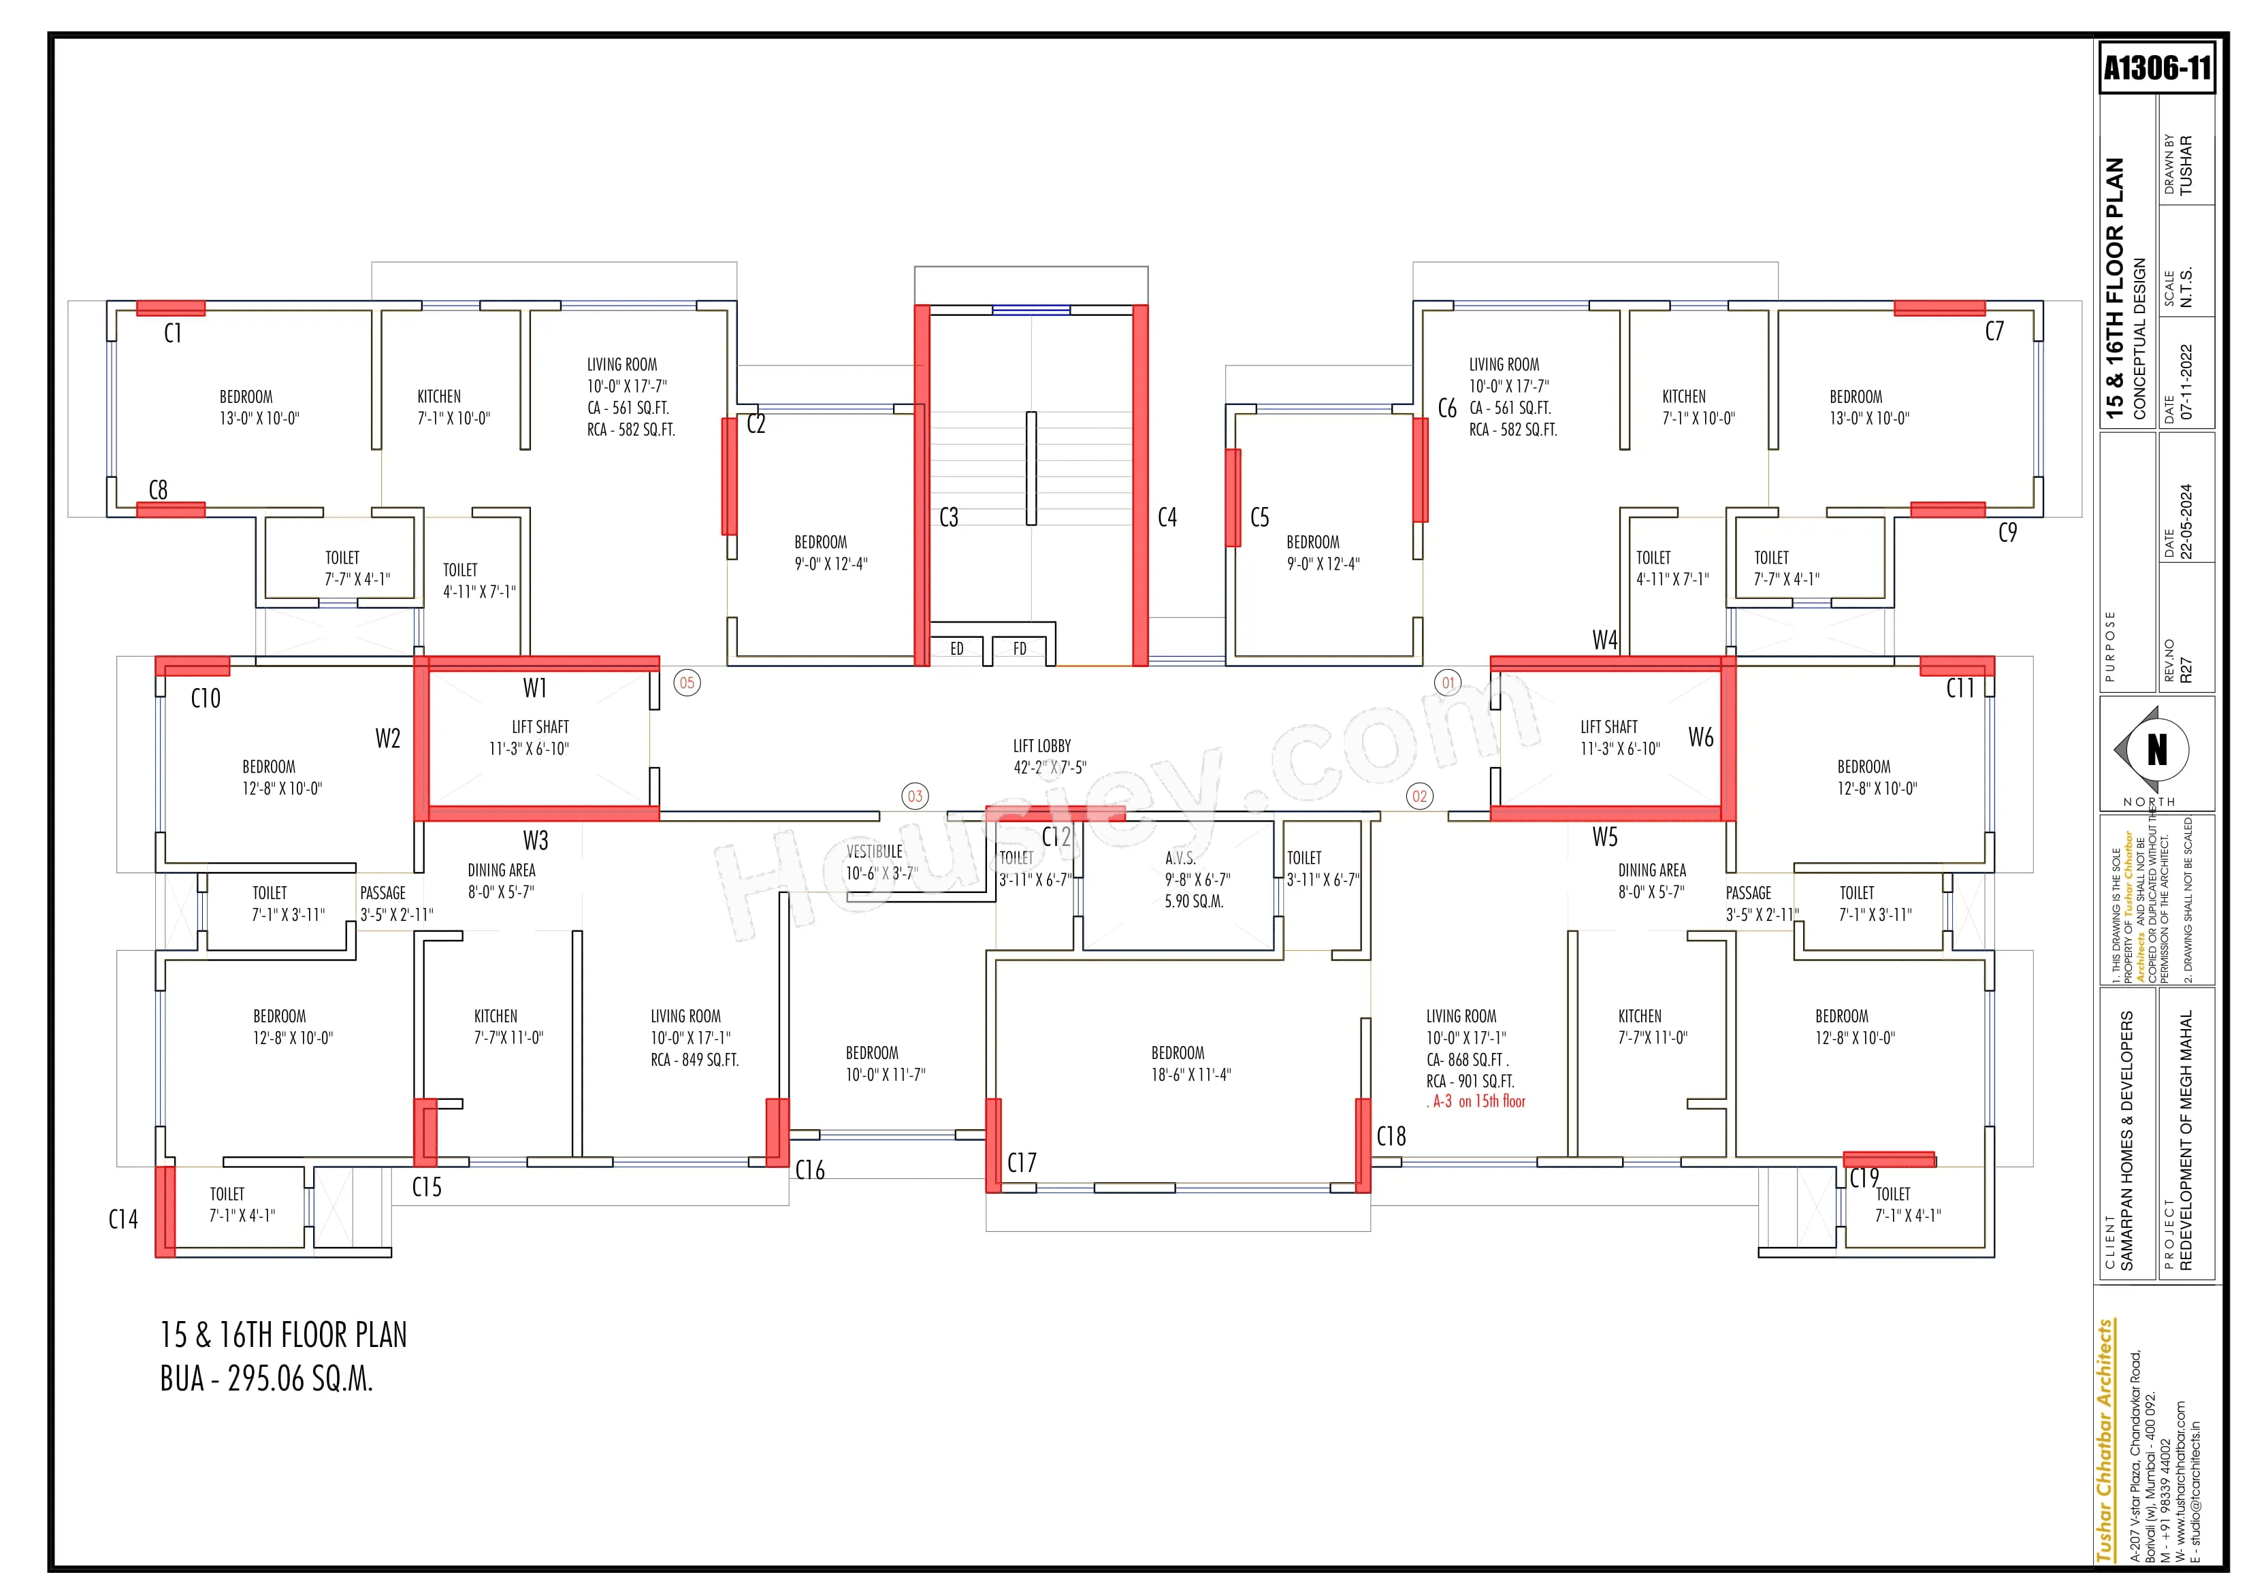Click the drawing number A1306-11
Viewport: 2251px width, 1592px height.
2157,67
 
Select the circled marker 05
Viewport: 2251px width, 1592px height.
687,683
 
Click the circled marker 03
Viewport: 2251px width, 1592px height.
915,796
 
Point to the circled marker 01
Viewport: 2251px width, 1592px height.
1448,683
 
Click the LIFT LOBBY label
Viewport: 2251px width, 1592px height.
1042,746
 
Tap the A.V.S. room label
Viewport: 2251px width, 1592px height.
1180,858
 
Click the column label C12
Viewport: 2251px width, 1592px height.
1056,837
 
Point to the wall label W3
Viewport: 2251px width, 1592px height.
535,840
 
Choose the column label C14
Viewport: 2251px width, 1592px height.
123,1220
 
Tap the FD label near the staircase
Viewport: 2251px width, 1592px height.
1020,649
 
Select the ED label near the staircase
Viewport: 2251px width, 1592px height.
957,649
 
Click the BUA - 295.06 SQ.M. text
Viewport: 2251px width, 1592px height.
267,1379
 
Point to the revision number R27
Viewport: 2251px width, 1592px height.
2185,670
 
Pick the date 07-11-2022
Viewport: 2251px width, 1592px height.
2185,383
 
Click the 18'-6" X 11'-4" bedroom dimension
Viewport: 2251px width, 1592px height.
1191,1075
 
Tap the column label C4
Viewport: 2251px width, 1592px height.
1167,517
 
